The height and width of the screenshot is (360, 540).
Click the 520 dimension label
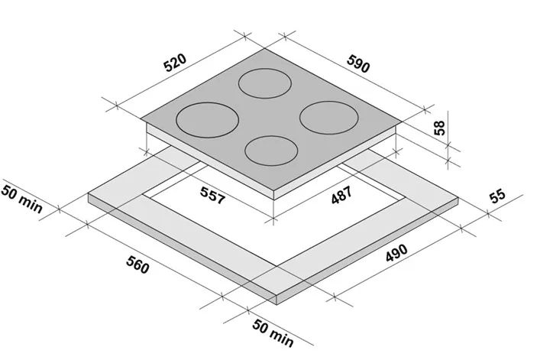point(175,63)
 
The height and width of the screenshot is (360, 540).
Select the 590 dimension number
point(358,64)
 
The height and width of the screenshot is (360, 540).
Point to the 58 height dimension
point(439,128)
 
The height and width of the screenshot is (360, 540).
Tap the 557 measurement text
point(212,196)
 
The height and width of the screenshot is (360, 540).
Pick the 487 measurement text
point(341,195)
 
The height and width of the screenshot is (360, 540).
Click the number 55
point(498,196)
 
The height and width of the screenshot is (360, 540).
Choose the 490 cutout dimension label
point(396,253)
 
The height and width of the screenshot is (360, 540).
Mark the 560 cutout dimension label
point(137,264)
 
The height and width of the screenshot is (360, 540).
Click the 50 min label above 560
point(22,199)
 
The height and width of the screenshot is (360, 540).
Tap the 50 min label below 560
point(273,333)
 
